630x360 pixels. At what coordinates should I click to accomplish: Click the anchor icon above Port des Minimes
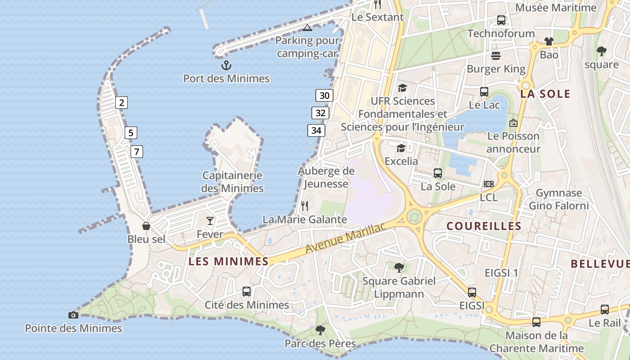click(x=226, y=65)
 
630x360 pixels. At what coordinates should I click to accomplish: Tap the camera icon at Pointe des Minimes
click(x=73, y=315)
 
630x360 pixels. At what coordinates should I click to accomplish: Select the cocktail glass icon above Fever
click(x=210, y=220)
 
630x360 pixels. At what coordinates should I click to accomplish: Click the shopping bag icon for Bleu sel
click(x=146, y=225)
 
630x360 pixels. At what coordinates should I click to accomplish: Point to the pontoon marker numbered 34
click(x=317, y=130)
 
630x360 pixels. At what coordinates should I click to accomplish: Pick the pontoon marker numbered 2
click(x=121, y=103)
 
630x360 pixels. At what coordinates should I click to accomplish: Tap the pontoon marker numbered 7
click(x=136, y=152)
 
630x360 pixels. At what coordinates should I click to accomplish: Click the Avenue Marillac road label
click(x=346, y=238)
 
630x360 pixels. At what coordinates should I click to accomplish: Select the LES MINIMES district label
click(x=229, y=261)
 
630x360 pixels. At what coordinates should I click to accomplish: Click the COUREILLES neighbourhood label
click(x=484, y=226)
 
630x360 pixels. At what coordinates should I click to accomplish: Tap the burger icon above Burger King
click(x=496, y=55)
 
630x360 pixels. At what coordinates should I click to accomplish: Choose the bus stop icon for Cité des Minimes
click(x=247, y=291)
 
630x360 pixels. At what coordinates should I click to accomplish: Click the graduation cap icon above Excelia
click(x=400, y=148)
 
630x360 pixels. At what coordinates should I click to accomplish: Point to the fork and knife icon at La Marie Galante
click(x=305, y=206)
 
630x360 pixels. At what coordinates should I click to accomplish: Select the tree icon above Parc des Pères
click(x=320, y=330)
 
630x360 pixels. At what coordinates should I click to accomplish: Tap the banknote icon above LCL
click(x=488, y=184)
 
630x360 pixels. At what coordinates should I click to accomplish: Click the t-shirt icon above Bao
click(x=549, y=41)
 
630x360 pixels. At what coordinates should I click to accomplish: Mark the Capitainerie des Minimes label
click(x=232, y=182)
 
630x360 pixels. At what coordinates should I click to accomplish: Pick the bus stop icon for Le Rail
click(x=605, y=310)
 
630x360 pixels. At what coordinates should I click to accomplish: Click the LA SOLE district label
click(x=545, y=94)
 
